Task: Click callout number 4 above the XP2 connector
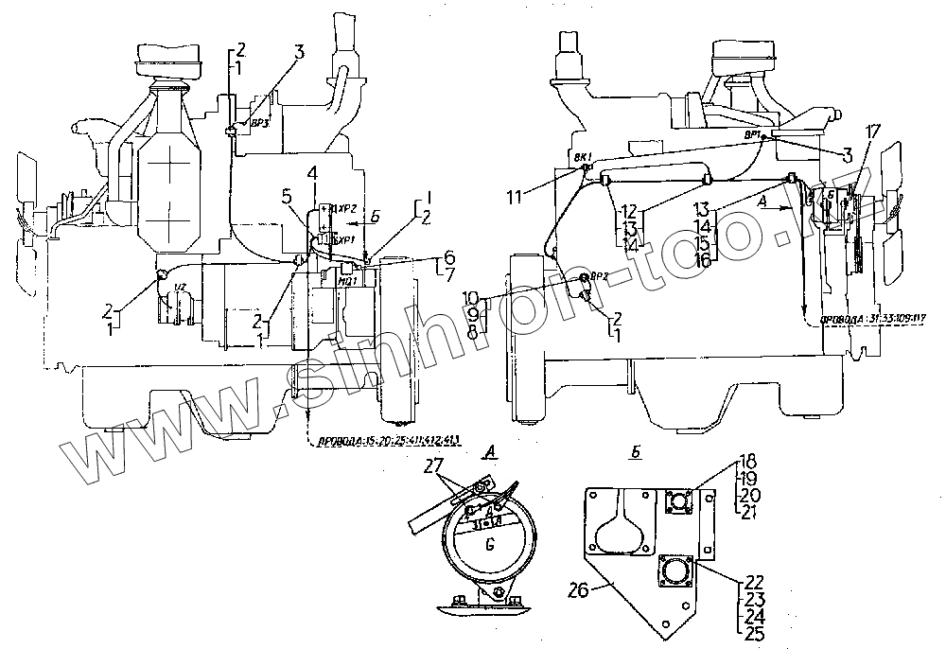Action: tap(311, 173)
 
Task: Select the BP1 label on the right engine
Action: tap(754, 135)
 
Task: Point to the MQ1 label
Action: tap(347, 280)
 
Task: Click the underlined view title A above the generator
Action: tap(488, 454)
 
